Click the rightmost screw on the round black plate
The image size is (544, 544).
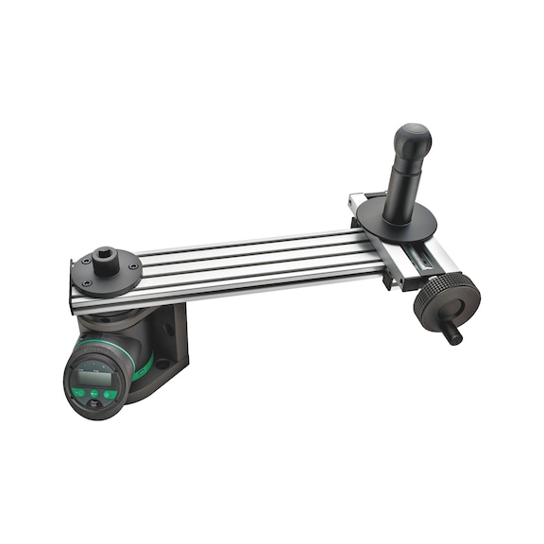click(x=133, y=266)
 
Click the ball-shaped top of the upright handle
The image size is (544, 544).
click(x=412, y=140)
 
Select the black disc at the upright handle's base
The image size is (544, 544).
click(x=397, y=221)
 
